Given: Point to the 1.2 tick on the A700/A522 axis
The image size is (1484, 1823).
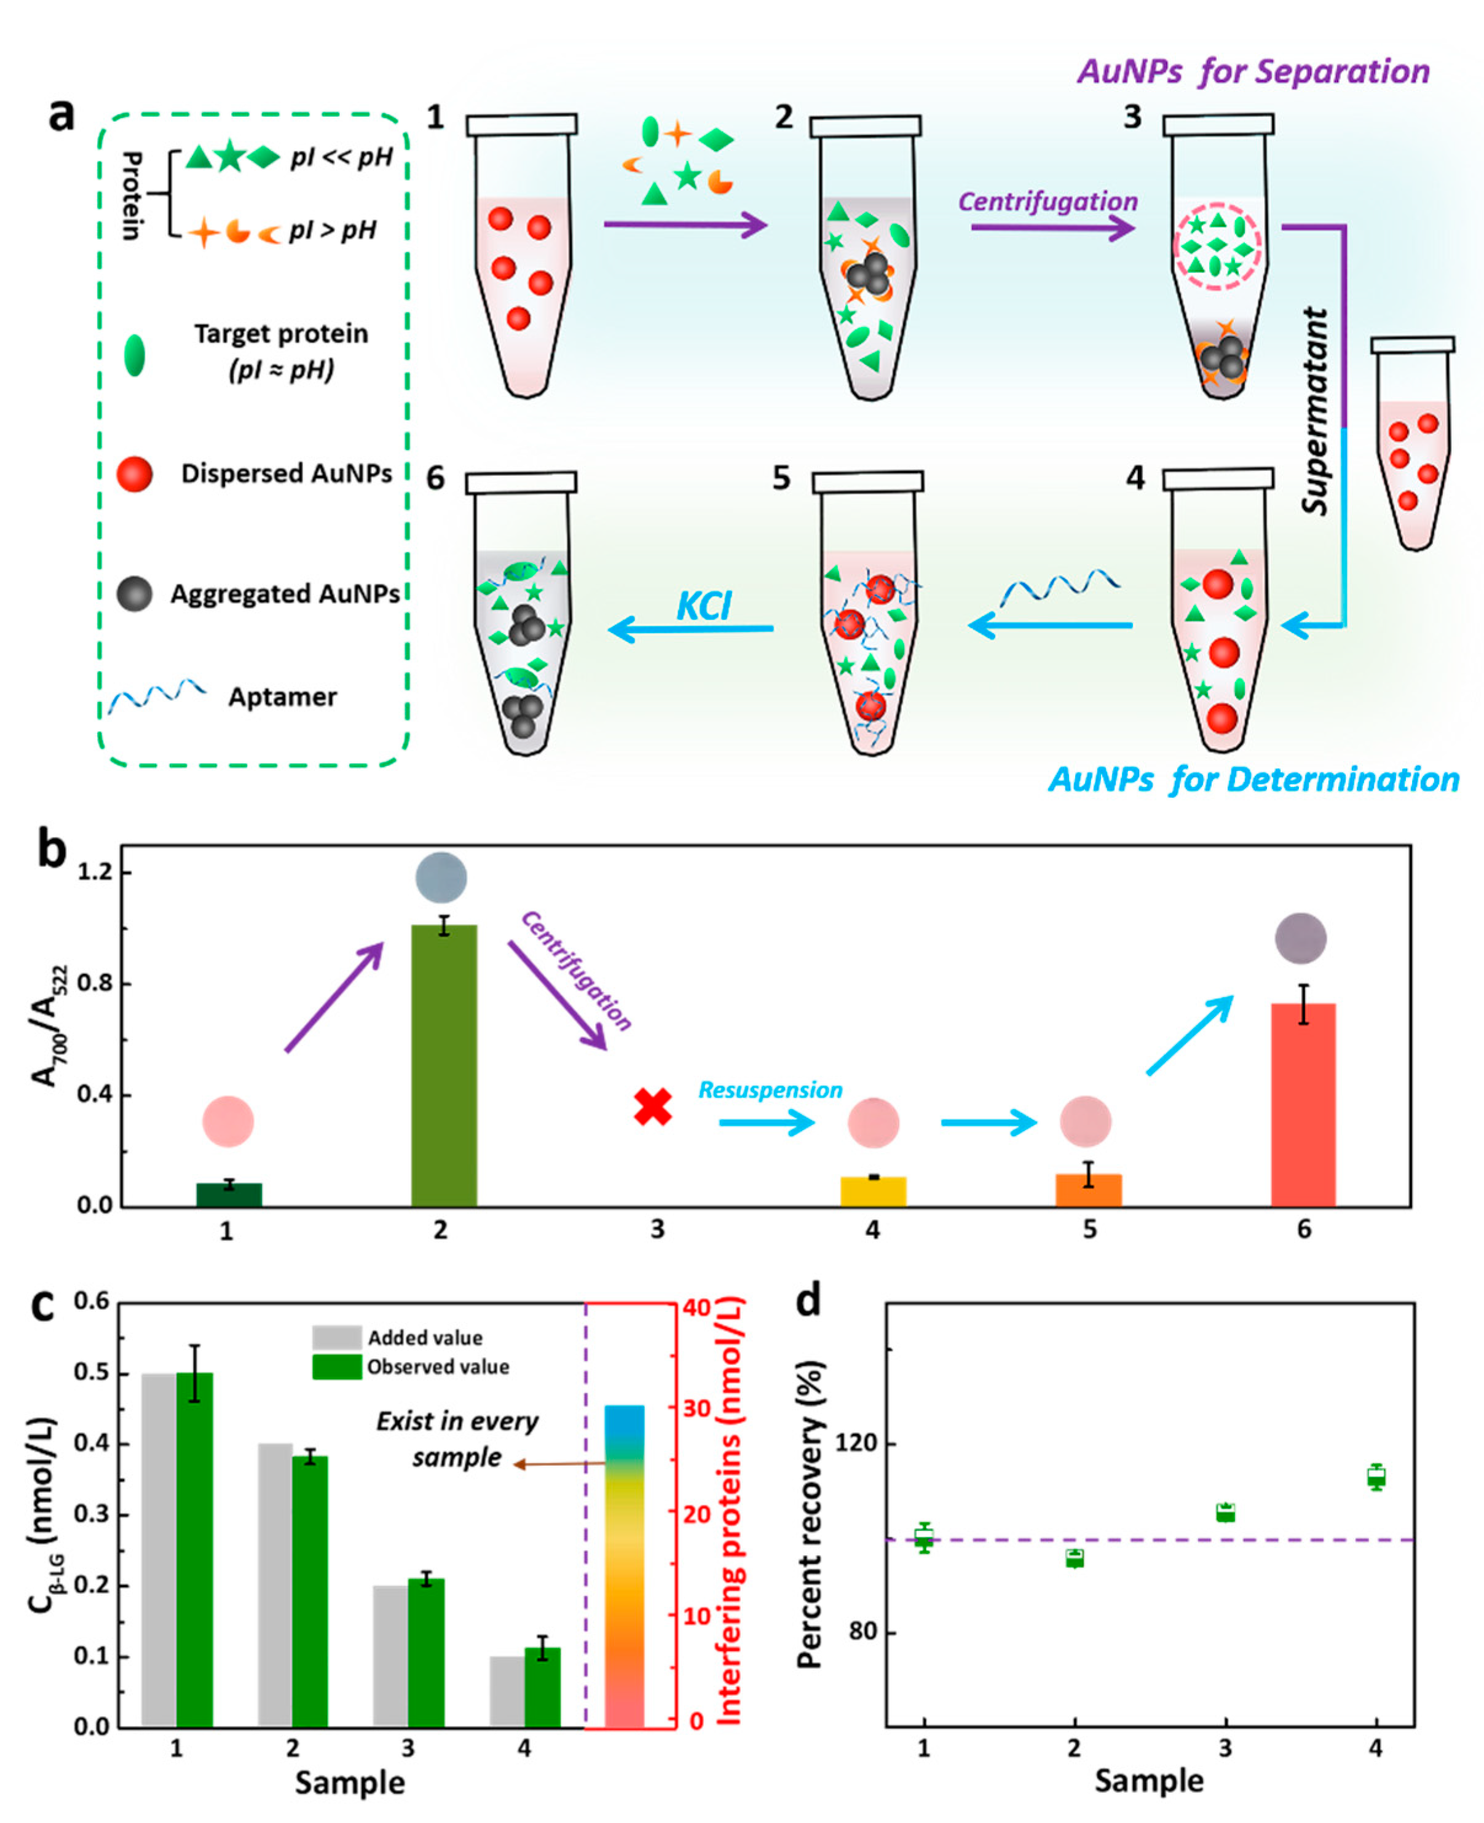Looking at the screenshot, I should [x=95, y=872].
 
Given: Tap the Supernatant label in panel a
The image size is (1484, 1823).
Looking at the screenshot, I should [x=1316, y=411].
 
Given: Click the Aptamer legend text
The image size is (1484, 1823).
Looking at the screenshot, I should [x=282, y=697].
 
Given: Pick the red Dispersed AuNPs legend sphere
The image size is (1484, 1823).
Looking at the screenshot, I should [x=134, y=473].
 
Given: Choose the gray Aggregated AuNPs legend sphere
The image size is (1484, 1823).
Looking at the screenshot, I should [x=134, y=593].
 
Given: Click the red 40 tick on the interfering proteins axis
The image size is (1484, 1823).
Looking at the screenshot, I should [x=697, y=1307].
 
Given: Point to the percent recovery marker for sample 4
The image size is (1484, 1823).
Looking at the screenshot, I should [x=1375, y=1477].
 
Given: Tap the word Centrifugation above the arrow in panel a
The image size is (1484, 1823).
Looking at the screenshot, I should [x=1048, y=202].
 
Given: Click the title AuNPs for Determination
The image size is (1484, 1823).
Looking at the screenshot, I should [x=1254, y=780].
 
